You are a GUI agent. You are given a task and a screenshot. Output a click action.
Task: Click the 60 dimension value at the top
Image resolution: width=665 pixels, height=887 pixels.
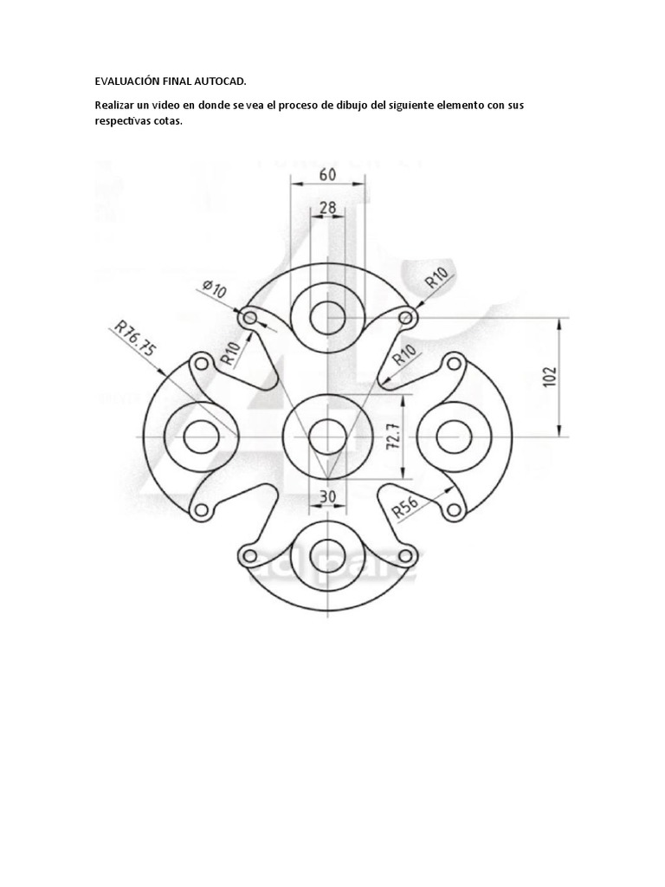327,174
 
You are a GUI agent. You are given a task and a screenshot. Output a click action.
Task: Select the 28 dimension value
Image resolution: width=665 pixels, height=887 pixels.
327,208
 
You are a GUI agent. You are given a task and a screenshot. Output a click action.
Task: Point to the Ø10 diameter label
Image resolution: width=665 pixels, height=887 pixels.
214,289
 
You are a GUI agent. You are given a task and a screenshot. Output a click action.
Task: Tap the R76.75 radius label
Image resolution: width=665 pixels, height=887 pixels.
135,339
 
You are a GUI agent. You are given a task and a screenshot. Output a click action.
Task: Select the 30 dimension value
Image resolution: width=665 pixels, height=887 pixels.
327,496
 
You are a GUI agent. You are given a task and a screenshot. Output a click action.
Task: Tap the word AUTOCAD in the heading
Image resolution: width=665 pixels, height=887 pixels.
222,81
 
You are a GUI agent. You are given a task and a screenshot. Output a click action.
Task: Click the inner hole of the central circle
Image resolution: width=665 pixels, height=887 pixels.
327,437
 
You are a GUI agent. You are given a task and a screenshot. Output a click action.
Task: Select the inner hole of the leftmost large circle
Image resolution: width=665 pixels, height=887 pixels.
201,437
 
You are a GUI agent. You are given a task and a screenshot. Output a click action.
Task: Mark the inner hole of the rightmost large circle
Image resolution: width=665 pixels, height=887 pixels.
454,437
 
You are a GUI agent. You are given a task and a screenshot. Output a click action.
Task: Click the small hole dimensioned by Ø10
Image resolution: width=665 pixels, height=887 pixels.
251,318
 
